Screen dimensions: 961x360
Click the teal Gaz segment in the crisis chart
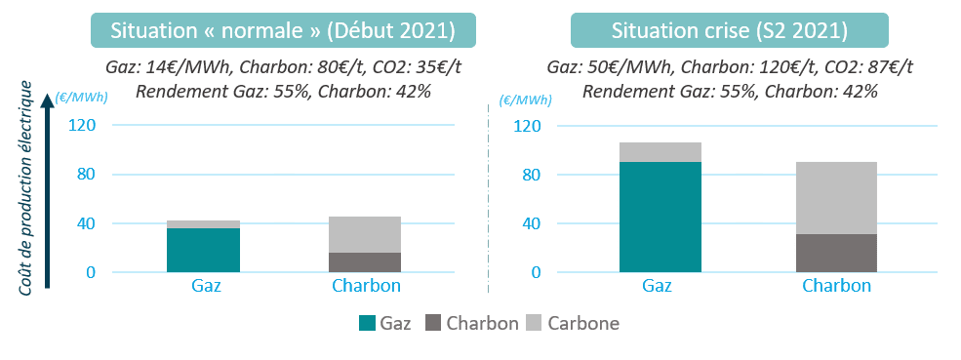tap(661, 218)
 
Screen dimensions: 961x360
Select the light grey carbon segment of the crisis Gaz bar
tap(661, 152)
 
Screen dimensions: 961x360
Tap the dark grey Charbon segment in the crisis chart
tap(836, 254)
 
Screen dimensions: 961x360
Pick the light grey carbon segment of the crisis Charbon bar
tap(836, 198)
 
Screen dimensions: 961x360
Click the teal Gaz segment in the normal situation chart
tap(203, 250)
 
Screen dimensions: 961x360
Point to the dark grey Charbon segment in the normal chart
tap(365, 262)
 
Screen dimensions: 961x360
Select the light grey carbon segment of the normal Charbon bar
tap(365, 235)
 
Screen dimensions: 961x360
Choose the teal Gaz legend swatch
tap(367, 323)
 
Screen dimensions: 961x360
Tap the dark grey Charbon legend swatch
tap(433, 323)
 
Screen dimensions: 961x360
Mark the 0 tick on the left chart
tap(92, 272)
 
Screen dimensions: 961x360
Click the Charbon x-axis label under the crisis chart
tap(836, 287)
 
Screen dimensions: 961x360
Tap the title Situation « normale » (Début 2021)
tap(283, 30)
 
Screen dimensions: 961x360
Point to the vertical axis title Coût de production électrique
tap(25, 187)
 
